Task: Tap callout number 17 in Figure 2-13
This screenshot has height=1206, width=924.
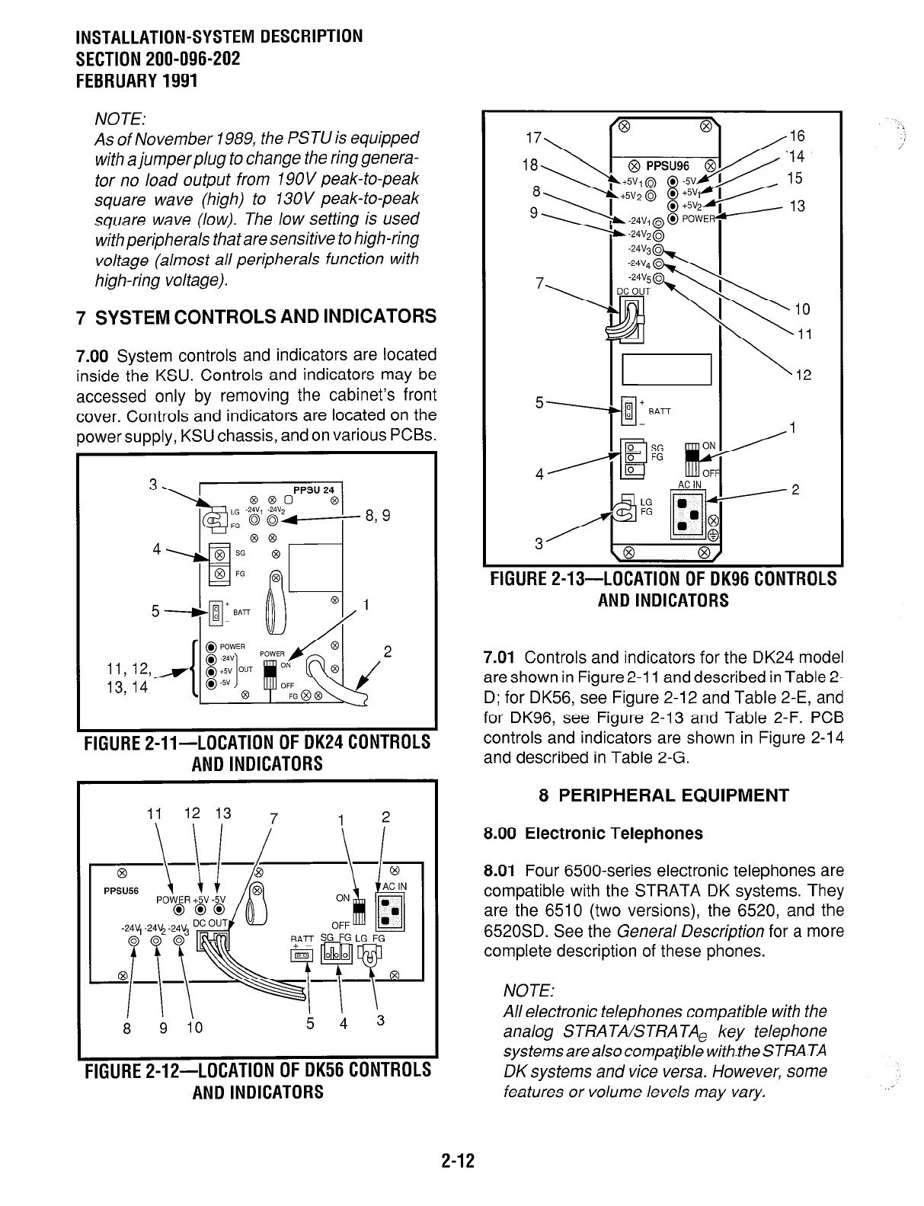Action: (x=534, y=139)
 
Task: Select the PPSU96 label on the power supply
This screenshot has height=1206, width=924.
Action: (x=667, y=167)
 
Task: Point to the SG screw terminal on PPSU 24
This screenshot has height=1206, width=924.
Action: (x=219, y=554)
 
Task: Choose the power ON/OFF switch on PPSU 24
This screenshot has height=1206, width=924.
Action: (x=268, y=674)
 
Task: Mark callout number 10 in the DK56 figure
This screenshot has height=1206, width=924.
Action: (x=194, y=1026)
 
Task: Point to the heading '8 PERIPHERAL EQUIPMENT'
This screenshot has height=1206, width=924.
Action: (x=663, y=796)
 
